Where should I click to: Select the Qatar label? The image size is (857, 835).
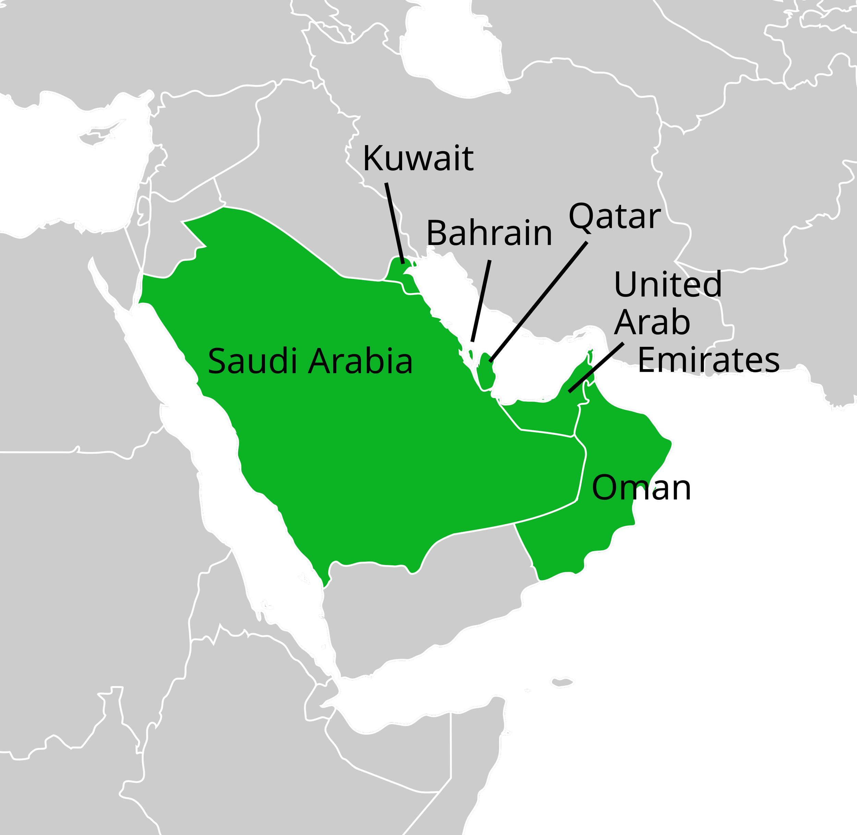614,217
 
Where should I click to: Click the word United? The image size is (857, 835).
667,284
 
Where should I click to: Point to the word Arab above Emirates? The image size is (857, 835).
652,322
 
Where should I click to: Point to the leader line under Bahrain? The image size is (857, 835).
485,281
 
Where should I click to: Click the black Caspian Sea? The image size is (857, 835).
456,48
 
